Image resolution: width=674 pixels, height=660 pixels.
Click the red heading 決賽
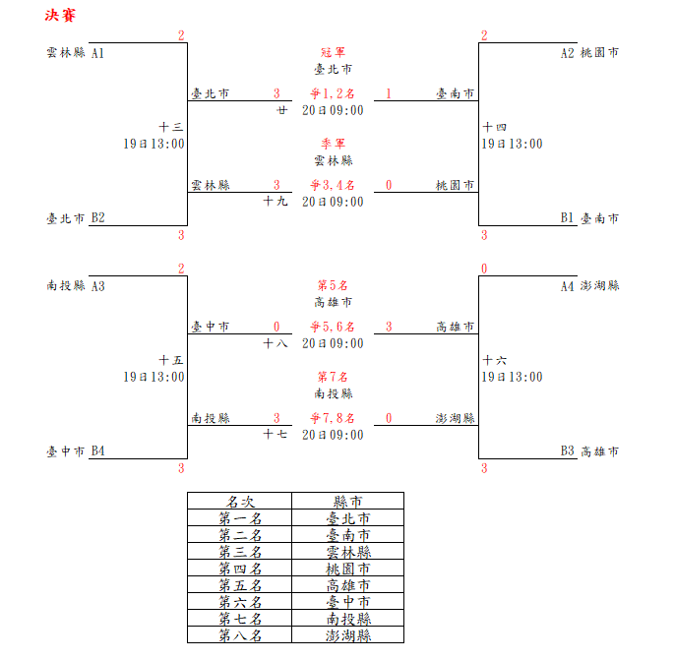(60, 16)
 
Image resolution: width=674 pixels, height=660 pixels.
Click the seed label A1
(97, 53)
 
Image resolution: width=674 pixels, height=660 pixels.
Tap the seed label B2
(97, 218)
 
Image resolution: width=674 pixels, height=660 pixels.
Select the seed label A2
(567, 53)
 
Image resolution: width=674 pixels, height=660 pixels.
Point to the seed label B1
(567, 218)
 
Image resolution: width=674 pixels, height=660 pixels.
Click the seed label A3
(97, 286)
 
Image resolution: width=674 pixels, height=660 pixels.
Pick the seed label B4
(97, 451)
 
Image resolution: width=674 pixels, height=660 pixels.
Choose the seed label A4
(567, 286)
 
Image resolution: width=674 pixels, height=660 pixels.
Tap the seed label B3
(567, 451)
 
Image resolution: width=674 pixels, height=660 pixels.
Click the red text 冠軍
(333, 52)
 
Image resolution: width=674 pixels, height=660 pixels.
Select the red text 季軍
(333, 144)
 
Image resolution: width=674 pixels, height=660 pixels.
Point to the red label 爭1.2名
(333, 93)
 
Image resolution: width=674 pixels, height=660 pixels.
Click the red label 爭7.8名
(333, 418)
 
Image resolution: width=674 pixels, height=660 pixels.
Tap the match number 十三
(171, 127)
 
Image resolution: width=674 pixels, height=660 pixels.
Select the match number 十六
(495, 360)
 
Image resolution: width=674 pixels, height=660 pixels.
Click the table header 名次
(240, 501)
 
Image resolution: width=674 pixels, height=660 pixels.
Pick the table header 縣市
(348, 501)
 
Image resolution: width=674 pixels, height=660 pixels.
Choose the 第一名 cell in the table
(240, 518)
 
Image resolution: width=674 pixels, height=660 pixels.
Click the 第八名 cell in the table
(240, 635)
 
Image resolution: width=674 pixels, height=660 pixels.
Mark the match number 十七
(276, 434)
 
